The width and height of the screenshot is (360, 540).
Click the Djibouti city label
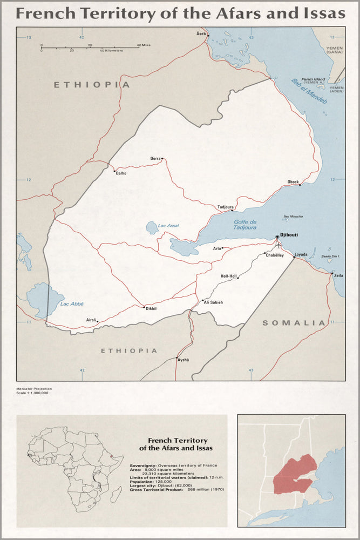coord(289,236)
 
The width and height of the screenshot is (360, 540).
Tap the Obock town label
coord(293,181)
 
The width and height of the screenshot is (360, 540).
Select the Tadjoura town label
coord(225,207)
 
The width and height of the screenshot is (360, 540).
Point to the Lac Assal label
coord(169,225)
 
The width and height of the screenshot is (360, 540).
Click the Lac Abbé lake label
coord(72,304)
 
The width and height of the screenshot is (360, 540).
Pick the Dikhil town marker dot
coord(143,307)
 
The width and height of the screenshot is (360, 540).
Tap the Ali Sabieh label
coord(213,302)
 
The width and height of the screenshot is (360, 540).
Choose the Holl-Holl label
coord(229,276)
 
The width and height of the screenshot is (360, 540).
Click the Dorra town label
coord(155,158)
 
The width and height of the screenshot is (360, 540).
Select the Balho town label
coord(121,174)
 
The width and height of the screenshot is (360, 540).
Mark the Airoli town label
coord(91,320)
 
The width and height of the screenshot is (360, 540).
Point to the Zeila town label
coord(338,275)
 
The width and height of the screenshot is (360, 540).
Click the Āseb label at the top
coord(201,33)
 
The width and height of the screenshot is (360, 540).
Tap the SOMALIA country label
coord(294,323)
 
